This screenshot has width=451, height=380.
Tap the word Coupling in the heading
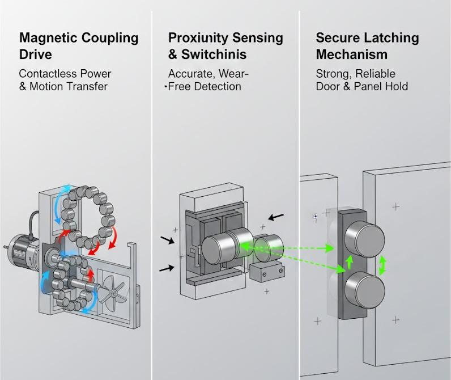pos(108,39)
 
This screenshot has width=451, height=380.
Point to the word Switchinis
pos(214,55)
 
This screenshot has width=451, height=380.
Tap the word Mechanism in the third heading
pos(351,55)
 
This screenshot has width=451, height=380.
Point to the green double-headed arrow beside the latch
pos(383,265)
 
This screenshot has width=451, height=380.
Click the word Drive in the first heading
pos(35,55)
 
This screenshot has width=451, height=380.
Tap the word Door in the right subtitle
pos(328,86)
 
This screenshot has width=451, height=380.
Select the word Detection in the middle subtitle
pos(218,86)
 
